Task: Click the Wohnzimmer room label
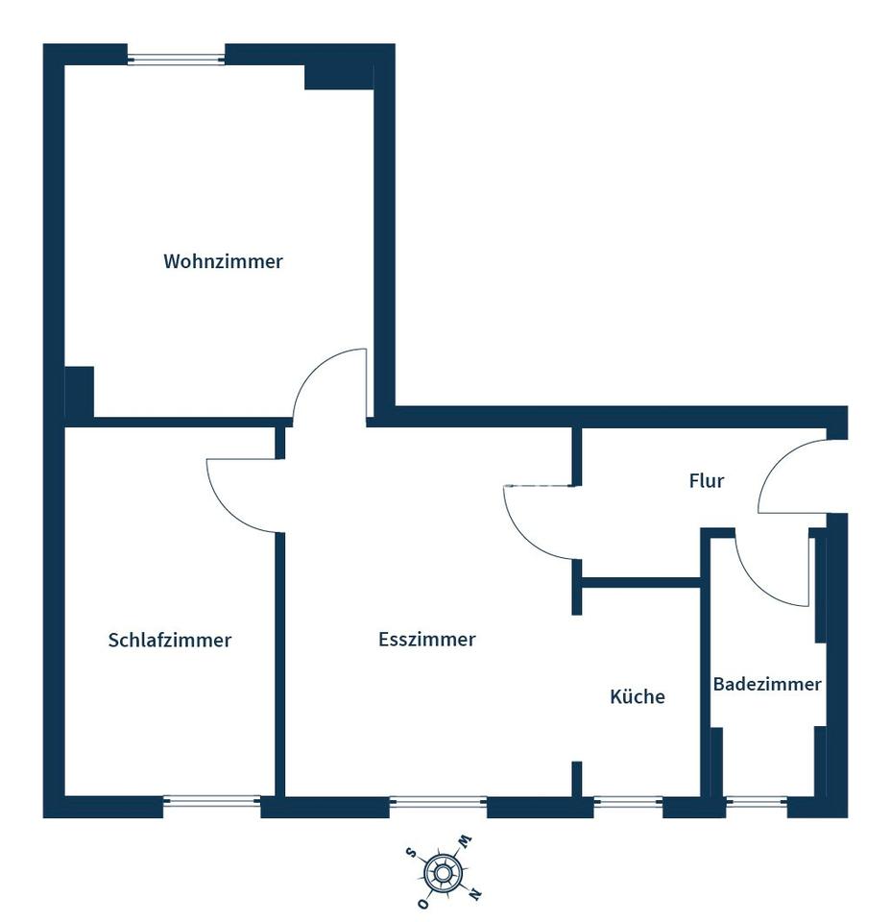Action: pyautogui.click(x=223, y=261)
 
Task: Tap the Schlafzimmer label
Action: pyautogui.click(x=170, y=640)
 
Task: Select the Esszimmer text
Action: pyautogui.click(x=427, y=639)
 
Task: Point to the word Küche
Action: pyautogui.click(x=638, y=696)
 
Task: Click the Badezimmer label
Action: pyautogui.click(x=766, y=684)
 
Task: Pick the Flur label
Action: pyautogui.click(x=706, y=480)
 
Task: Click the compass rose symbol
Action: pyautogui.click(x=443, y=872)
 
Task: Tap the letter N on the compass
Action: pyautogui.click(x=475, y=894)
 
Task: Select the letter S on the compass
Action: pyautogui.click(x=411, y=852)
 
